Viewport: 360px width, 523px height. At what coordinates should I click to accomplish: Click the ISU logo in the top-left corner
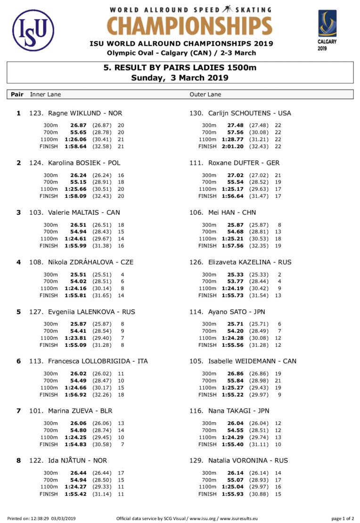(33, 31)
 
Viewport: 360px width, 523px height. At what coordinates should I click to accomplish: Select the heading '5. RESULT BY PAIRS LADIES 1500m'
(180, 67)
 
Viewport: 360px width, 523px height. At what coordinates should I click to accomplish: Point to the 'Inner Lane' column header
(45, 95)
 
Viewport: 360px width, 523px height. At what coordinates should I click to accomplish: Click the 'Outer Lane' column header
(205, 95)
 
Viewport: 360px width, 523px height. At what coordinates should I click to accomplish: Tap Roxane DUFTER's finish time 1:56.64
(234, 196)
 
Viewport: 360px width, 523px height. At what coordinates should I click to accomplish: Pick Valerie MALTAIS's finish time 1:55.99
(75, 245)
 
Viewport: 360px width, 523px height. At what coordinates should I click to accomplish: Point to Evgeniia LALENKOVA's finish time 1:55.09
(75, 345)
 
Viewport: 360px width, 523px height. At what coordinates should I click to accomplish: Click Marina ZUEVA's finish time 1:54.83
(75, 444)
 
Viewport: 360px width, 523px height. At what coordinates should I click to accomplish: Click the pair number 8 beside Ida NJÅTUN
(18, 460)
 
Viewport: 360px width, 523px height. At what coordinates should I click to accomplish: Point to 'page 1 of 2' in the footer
(343, 519)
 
